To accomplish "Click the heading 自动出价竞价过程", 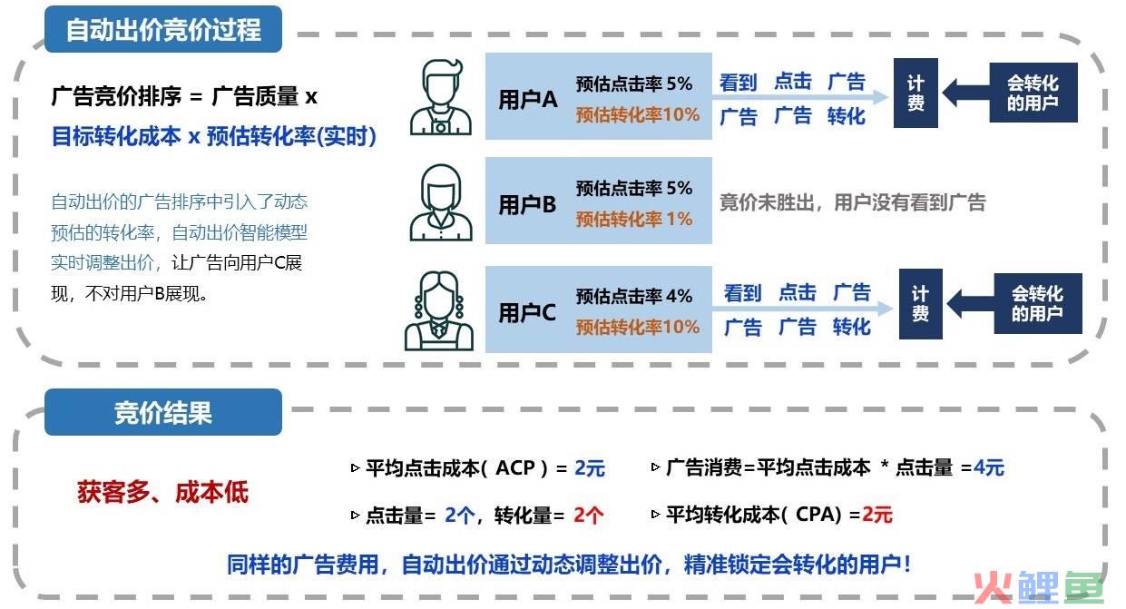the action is (163, 30).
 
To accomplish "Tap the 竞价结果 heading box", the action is (163, 412).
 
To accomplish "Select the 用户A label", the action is (528, 99).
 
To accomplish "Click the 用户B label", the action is (527, 204).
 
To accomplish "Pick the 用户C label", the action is (527, 312).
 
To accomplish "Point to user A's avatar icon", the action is (441, 97).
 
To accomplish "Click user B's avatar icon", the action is (441, 202).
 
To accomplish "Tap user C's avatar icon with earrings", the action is (439, 310).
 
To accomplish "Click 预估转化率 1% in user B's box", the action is (634, 219).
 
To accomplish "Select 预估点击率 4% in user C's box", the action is (634, 296).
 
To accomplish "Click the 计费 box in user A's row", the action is (915, 93).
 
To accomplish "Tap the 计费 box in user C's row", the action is (920, 304).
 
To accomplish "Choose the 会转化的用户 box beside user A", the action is (1033, 93).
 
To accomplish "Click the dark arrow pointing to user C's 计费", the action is (970, 304).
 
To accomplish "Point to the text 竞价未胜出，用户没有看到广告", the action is (853, 202).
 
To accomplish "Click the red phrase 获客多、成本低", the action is (163, 491).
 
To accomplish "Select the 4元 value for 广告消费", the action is (989, 467).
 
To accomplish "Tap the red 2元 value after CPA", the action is (877, 515).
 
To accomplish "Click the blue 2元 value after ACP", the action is (590, 468).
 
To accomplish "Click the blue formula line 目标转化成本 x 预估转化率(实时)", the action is (214, 136).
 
